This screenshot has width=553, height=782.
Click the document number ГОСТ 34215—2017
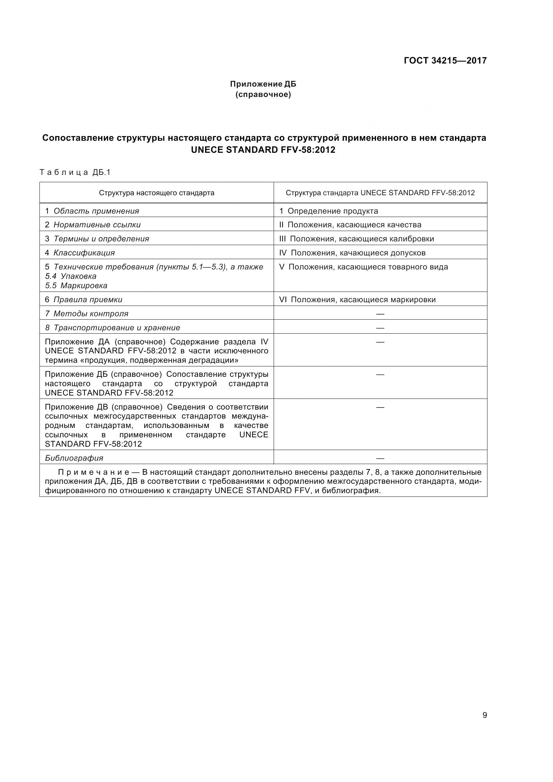point(445,61)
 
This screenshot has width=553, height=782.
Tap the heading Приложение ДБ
point(263,84)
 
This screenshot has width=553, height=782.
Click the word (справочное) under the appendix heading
point(263,94)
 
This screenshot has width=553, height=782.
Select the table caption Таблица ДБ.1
point(75,172)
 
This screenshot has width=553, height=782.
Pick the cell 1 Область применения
point(92,211)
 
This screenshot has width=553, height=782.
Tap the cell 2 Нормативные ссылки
point(93,225)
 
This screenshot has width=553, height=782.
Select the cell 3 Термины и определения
point(97,239)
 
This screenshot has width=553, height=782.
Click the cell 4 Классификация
point(80,253)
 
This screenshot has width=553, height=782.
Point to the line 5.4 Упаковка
point(71,276)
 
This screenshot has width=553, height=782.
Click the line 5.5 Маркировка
point(76,286)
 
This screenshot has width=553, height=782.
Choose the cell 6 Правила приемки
point(84,300)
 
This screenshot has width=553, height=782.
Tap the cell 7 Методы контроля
point(87,314)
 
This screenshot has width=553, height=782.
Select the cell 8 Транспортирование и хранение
point(112,328)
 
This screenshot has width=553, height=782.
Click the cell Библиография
point(74,458)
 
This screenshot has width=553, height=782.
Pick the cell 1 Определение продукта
point(329,211)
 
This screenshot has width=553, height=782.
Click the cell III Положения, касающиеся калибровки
point(356,239)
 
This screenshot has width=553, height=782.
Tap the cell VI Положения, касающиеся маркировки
point(357,300)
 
